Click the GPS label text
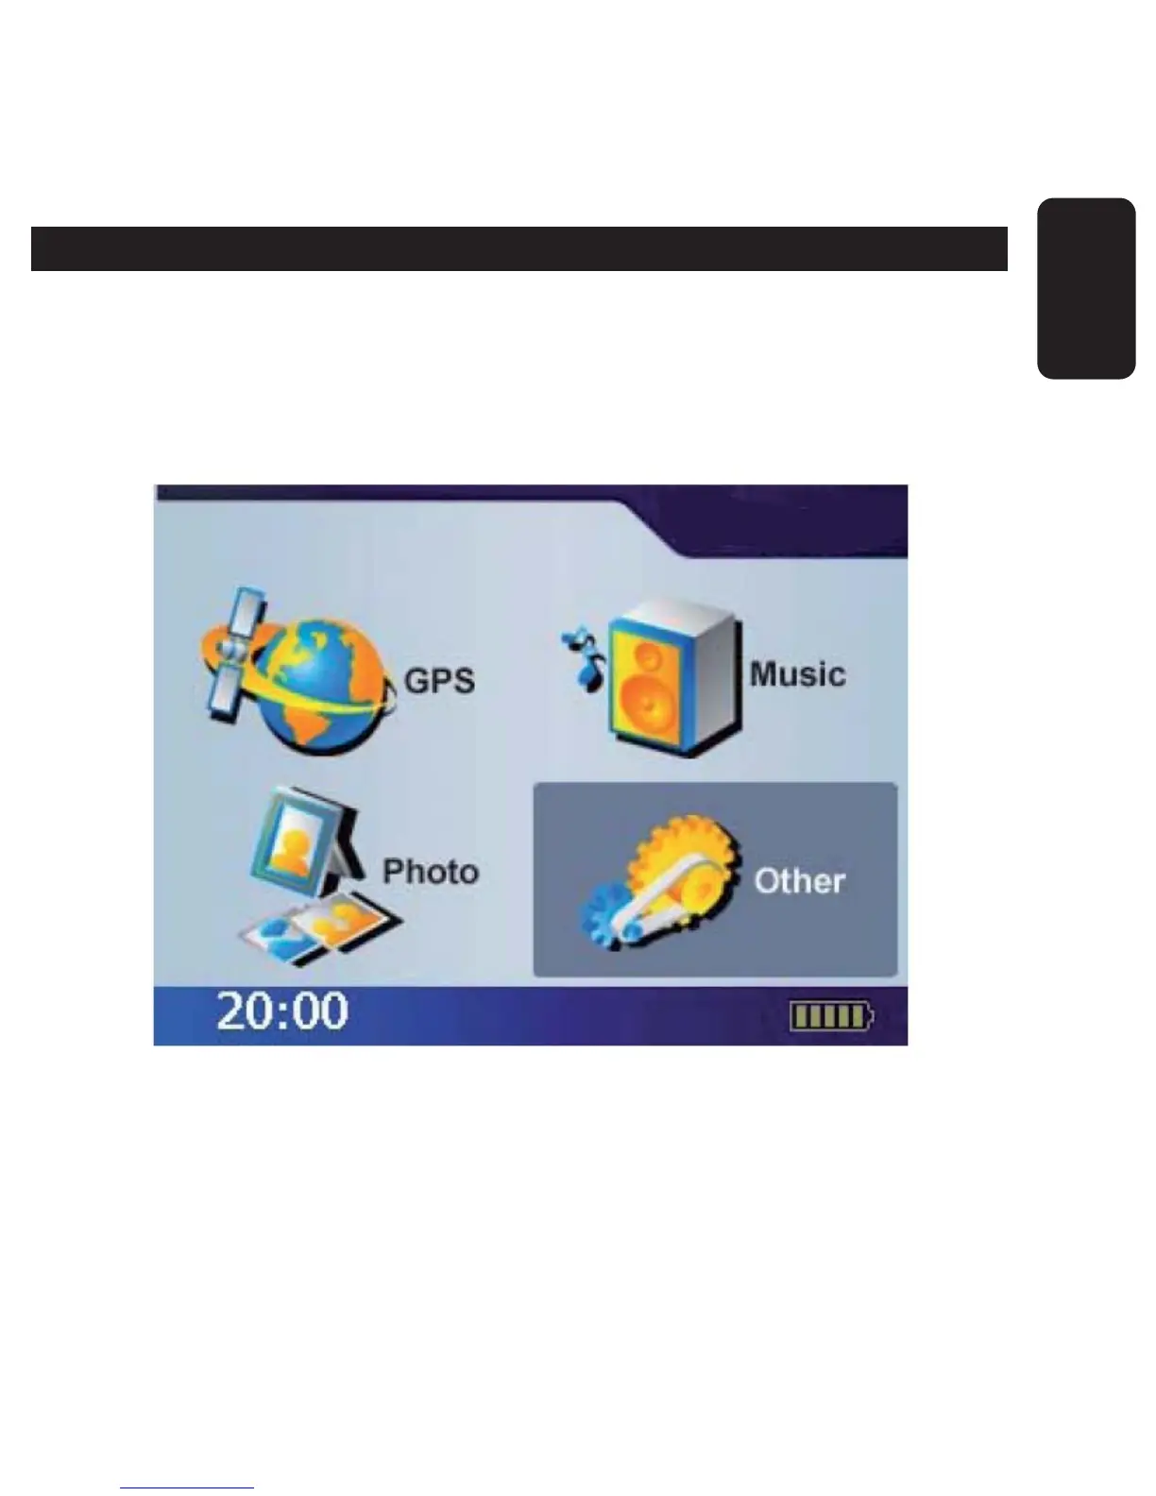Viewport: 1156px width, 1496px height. click(x=439, y=681)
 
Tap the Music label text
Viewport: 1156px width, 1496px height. click(x=797, y=674)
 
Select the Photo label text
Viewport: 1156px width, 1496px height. click(x=430, y=871)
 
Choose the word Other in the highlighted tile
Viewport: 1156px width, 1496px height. click(x=799, y=881)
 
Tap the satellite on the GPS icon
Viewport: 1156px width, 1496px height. click(x=230, y=652)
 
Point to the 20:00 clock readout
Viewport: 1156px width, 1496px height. click(x=282, y=1011)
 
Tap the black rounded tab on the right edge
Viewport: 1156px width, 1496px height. click(x=1086, y=288)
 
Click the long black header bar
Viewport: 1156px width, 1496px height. click(x=518, y=248)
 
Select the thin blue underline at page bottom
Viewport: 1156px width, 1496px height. click(x=187, y=1487)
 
